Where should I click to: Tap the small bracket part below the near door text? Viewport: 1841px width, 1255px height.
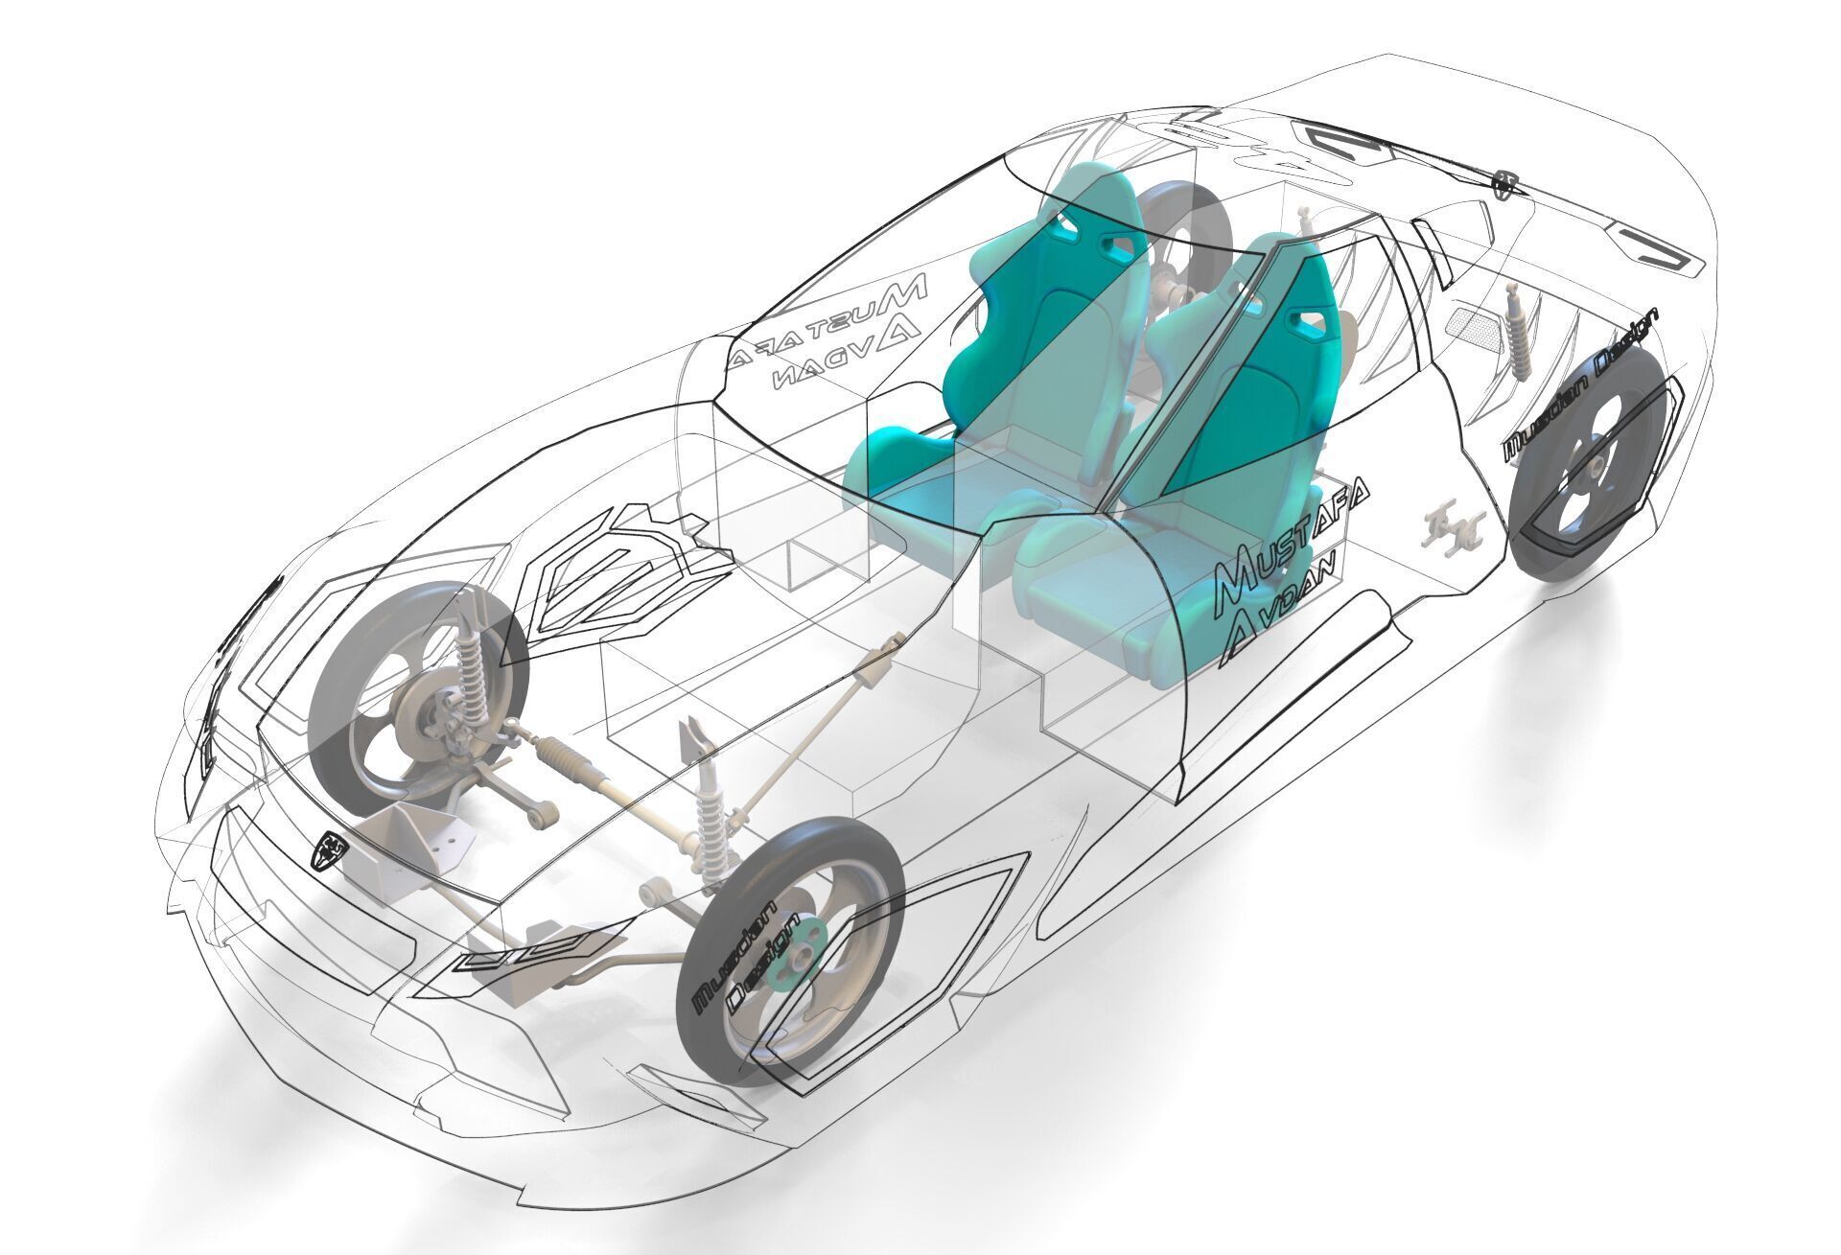tap(1454, 528)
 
